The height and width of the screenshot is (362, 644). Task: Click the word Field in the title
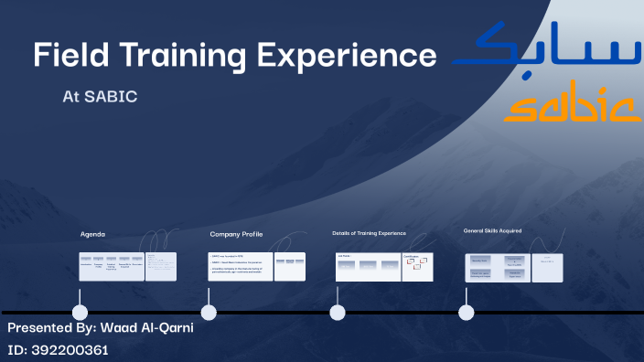click(x=65, y=55)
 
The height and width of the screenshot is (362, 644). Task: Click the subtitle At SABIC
click(x=100, y=96)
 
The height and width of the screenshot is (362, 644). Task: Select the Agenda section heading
click(x=92, y=234)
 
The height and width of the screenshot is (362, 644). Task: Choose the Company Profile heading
click(x=236, y=234)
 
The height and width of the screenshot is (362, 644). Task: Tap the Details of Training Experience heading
click(x=369, y=233)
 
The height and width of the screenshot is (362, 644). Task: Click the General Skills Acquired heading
click(x=492, y=230)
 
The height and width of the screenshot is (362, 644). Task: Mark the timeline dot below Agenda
click(x=80, y=313)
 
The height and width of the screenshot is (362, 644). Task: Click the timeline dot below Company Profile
click(x=209, y=313)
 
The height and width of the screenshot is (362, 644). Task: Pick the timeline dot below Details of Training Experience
click(x=338, y=313)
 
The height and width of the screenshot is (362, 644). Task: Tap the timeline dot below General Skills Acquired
click(x=467, y=313)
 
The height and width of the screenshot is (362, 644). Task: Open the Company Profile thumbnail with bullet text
click(x=240, y=266)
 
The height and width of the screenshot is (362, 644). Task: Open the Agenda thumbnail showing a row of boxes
click(x=111, y=266)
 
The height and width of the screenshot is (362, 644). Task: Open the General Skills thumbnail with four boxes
click(x=497, y=267)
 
